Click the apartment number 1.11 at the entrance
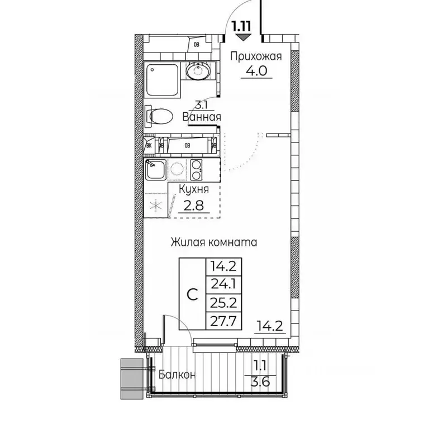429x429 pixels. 243,25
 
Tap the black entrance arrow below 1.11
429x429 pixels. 242,37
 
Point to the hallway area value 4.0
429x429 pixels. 256,71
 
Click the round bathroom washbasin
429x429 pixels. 197,71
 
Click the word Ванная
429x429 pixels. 202,117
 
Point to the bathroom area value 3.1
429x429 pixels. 202,104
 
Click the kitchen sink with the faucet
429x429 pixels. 154,169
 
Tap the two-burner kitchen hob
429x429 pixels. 197,169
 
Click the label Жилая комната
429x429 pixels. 213,242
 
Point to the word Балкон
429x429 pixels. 177,375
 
